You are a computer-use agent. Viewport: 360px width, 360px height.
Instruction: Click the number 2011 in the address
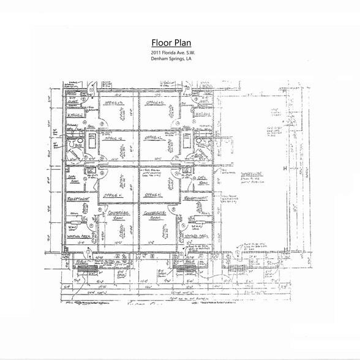tap(156, 54)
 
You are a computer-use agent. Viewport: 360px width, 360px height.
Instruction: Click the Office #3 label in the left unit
tap(114, 104)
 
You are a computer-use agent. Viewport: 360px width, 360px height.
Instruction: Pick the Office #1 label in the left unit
tap(112, 195)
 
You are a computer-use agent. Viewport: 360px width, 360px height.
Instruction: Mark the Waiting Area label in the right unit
tap(197, 235)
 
